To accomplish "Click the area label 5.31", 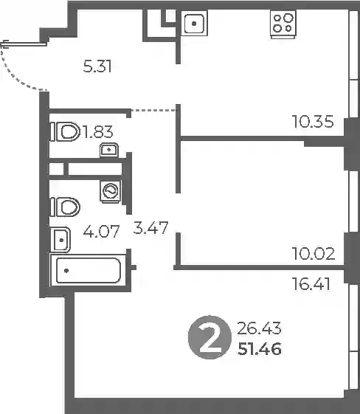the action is point(97,66).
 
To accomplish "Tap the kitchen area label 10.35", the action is point(313,122).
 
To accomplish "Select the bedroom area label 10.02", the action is point(314,253).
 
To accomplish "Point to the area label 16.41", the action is point(311,284).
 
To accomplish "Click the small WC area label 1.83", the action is point(98,132).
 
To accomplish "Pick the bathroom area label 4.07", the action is point(101,232).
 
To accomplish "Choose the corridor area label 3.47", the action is point(150,228).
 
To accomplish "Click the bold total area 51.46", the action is point(260,349).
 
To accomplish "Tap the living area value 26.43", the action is point(259,328).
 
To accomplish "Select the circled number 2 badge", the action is point(210,337).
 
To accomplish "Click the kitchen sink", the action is point(194,24).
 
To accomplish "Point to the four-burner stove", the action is point(283,24).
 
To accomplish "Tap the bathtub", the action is point(89,270).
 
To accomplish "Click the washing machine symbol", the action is point(111,191).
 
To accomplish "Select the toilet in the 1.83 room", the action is point(66,131).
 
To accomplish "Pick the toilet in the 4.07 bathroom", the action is point(66,207).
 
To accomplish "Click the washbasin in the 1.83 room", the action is point(109,150).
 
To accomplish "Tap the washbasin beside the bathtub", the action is point(60,240).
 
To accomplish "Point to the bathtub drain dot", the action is point(66,271).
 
